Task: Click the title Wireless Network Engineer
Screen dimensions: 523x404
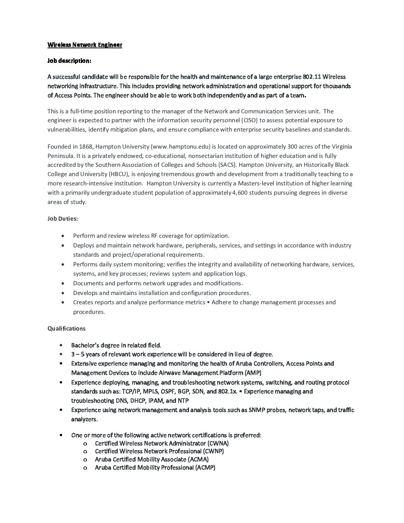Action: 85,45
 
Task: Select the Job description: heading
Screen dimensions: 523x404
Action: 69,61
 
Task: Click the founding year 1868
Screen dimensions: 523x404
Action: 87,146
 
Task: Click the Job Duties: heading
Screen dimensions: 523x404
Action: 63,218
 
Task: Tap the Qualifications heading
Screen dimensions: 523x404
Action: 66,328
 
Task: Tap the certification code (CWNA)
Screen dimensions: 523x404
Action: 218,443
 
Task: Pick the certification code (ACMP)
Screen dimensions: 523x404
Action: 205,467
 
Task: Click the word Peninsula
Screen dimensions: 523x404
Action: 61,156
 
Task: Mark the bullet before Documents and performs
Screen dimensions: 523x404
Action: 65,283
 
